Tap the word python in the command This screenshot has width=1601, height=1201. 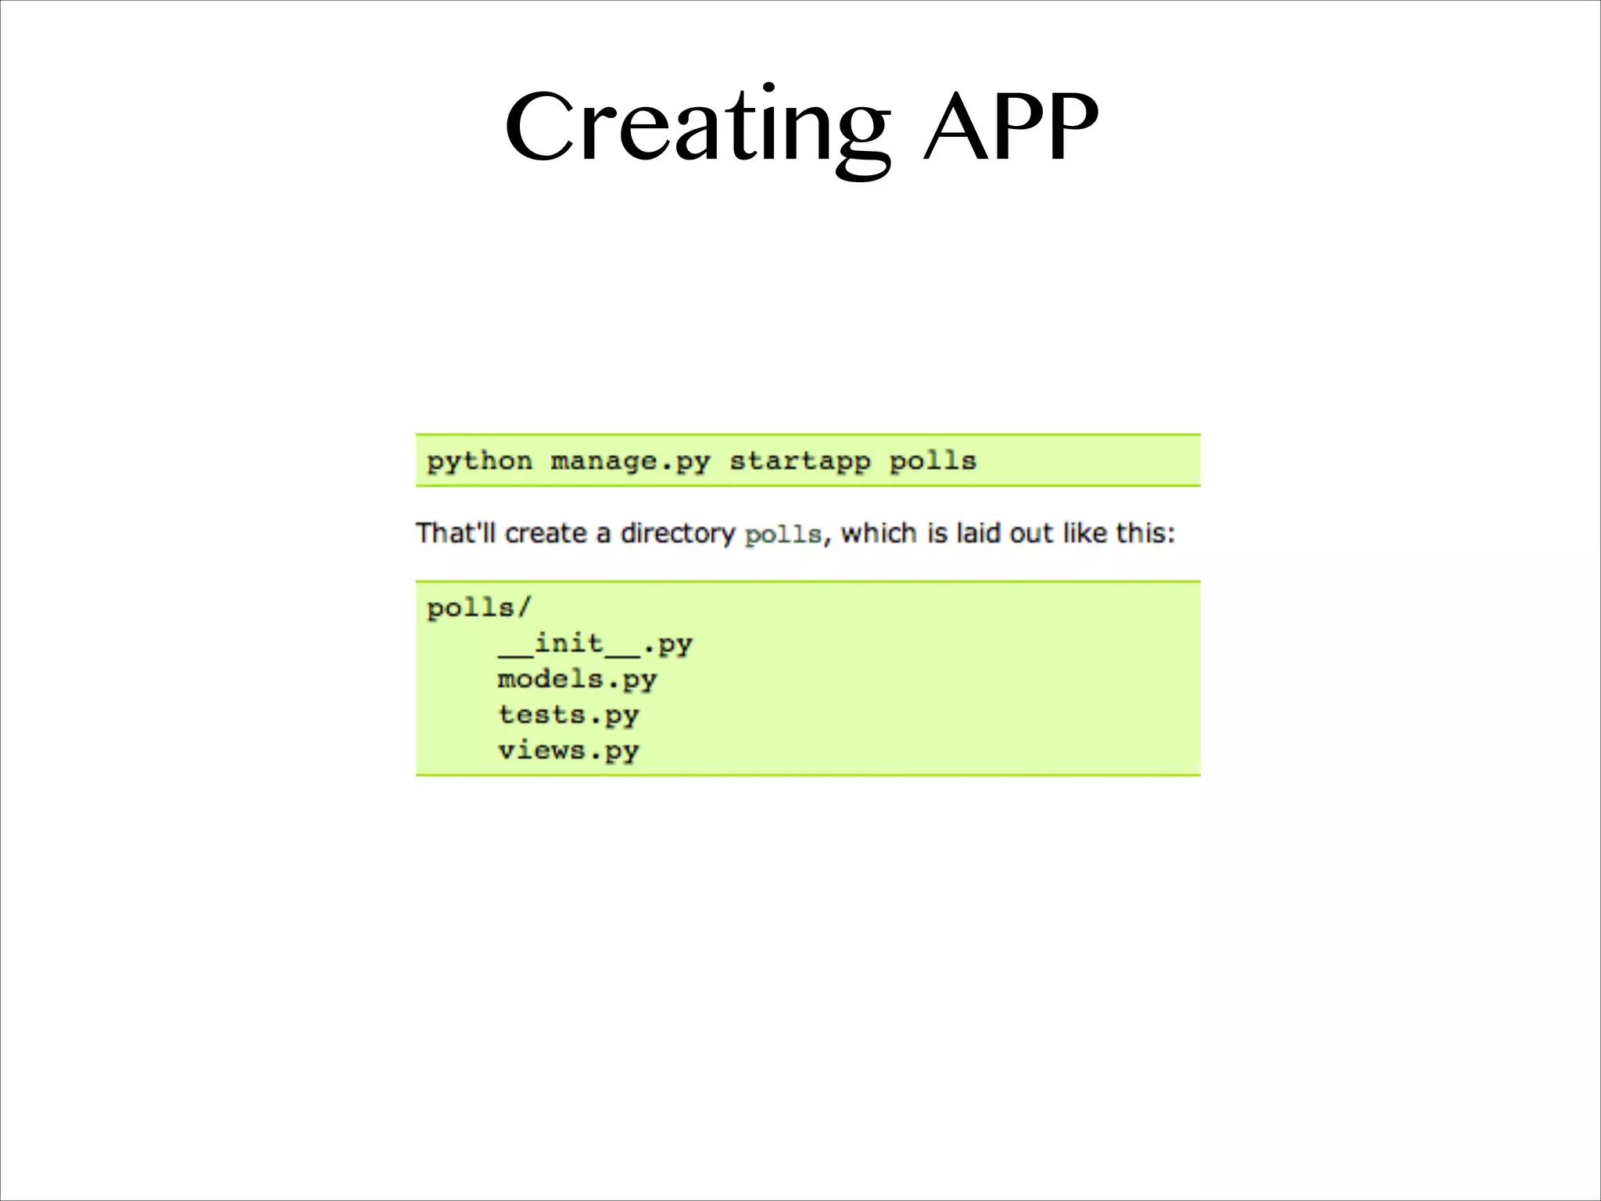click(x=479, y=461)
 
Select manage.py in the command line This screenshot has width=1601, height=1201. click(x=630, y=461)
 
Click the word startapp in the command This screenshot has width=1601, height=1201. click(x=800, y=461)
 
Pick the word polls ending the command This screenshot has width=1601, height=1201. click(x=933, y=461)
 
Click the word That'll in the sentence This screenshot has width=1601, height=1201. click(x=456, y=533)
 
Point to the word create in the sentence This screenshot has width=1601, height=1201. click(x=546, y=533)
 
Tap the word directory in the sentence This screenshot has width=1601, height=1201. click(x=678, y=534)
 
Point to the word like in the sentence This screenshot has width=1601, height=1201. click(x=1085, y=533)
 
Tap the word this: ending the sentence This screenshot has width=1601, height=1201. click(x=1145, y=533)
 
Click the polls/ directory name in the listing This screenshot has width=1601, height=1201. click(x=478, y=608)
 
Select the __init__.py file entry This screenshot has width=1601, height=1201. click(x=595, y=644)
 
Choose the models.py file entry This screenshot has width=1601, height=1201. click(x=577, y=679)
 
